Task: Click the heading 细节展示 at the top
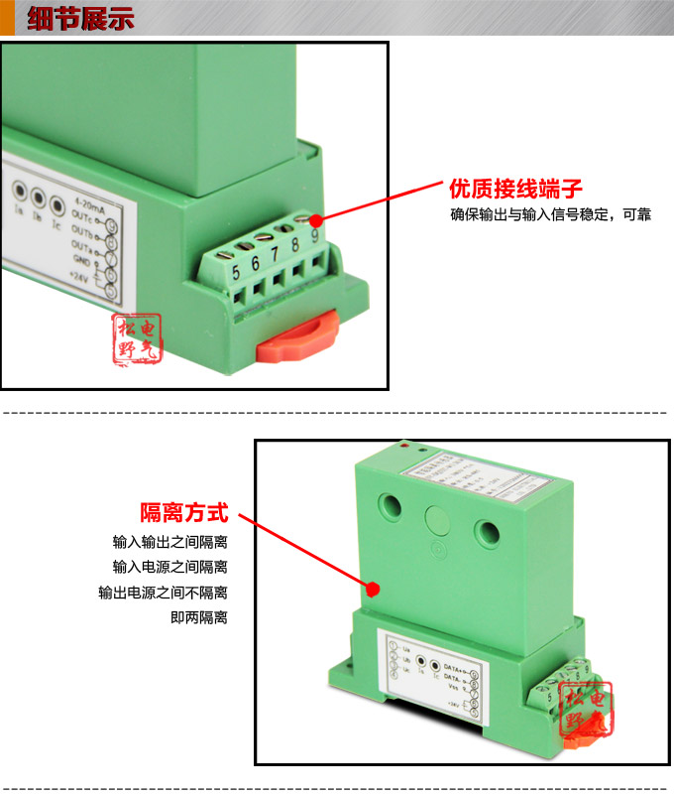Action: (x=80, y=20)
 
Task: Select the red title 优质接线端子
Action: (x=514, y=189)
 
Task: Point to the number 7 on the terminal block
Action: (x=275, y=254)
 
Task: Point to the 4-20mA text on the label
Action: (x=91, y=201)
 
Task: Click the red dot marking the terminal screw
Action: (x=316, y=219)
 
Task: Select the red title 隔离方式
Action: (x=183, y=513)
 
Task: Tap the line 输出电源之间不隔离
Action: (x=163, y=593)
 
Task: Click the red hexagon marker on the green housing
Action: (x=373, y=589)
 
